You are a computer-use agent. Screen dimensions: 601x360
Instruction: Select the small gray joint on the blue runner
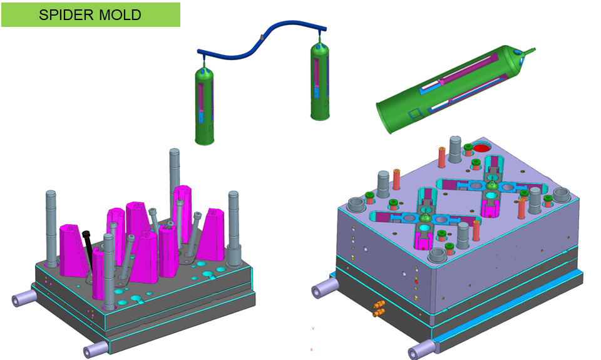pos(262,37)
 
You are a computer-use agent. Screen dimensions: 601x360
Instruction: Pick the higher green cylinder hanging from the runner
pos(320,81)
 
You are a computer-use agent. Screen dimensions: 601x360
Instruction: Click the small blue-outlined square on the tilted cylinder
pos(414,113)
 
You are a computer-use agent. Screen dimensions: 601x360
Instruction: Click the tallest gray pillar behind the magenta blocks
pos(175,180)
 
